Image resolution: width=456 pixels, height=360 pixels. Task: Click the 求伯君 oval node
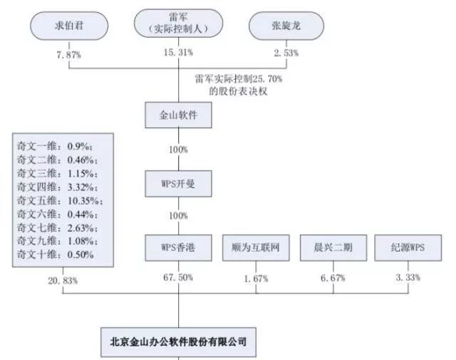pos(69,26)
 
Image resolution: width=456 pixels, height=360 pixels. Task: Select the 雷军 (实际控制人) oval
pos(178,24)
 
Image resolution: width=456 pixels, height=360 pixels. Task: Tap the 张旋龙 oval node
pos(286,26)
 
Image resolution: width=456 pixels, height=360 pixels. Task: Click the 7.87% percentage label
pos(68,54)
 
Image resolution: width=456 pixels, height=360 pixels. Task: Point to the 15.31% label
pos(178,52)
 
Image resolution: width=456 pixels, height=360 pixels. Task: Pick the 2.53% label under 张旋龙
pos(286,53)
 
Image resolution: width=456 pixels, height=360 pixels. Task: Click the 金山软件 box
pos(178,115)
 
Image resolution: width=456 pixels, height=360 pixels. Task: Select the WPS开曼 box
pos(178,184)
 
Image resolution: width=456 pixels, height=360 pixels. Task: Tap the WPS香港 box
pos(178,247)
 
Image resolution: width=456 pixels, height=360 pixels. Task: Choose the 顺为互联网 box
pos(256,247)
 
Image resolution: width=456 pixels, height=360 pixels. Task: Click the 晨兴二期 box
pos(333,247)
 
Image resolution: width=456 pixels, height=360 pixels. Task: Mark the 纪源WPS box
pos(408,247)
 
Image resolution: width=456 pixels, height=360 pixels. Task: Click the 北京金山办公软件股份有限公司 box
pos(178,342)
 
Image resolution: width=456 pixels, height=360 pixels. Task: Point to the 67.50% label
pos(178,277)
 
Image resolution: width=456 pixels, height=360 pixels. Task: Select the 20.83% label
pos(63,281)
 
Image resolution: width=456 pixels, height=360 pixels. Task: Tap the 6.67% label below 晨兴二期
pos(333,278)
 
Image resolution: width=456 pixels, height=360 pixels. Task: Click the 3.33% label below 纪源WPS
pos(408,277)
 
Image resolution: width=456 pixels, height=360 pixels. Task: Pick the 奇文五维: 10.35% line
pos(60,201)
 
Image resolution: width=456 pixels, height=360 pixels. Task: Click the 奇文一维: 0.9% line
pos(55,146)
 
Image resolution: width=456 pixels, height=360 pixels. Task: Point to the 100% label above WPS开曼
pos(178,150)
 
